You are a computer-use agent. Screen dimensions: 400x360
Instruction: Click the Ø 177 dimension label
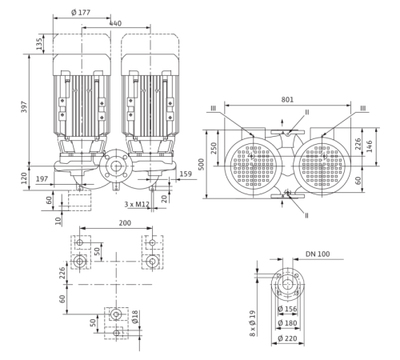click(81, 12)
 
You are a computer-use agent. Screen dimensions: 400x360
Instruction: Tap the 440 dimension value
click(115, 23)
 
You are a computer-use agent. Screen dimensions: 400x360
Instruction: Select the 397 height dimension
click(24, 106)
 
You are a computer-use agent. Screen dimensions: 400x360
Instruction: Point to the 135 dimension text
click(39, 44)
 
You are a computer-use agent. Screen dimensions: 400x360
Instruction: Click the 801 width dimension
click(287, 99)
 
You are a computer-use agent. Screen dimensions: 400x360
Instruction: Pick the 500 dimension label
click(202, 164)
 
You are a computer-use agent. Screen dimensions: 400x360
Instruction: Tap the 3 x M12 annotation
click(137, 204)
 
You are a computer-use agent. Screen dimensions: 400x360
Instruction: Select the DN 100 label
click(318, 254)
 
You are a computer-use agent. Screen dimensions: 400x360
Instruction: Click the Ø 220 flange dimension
click(287, 338)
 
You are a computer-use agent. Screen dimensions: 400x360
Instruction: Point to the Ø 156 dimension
click(287, 309)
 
